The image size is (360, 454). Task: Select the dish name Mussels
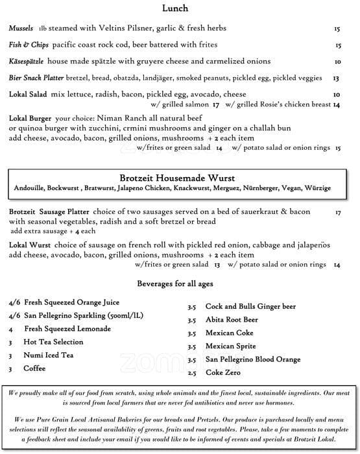[22, 29]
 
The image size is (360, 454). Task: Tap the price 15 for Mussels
[337, 29]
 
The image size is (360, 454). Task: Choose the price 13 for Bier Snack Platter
[336, 78]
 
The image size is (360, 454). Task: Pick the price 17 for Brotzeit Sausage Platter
[338, 213]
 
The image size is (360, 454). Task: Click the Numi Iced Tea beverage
[49, 355]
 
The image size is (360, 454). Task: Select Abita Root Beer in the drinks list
[232, 320]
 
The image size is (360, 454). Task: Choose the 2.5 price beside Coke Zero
[191, 373]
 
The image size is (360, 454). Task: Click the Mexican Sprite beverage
[230, 346]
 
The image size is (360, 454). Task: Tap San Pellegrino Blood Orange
[252, 359]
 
